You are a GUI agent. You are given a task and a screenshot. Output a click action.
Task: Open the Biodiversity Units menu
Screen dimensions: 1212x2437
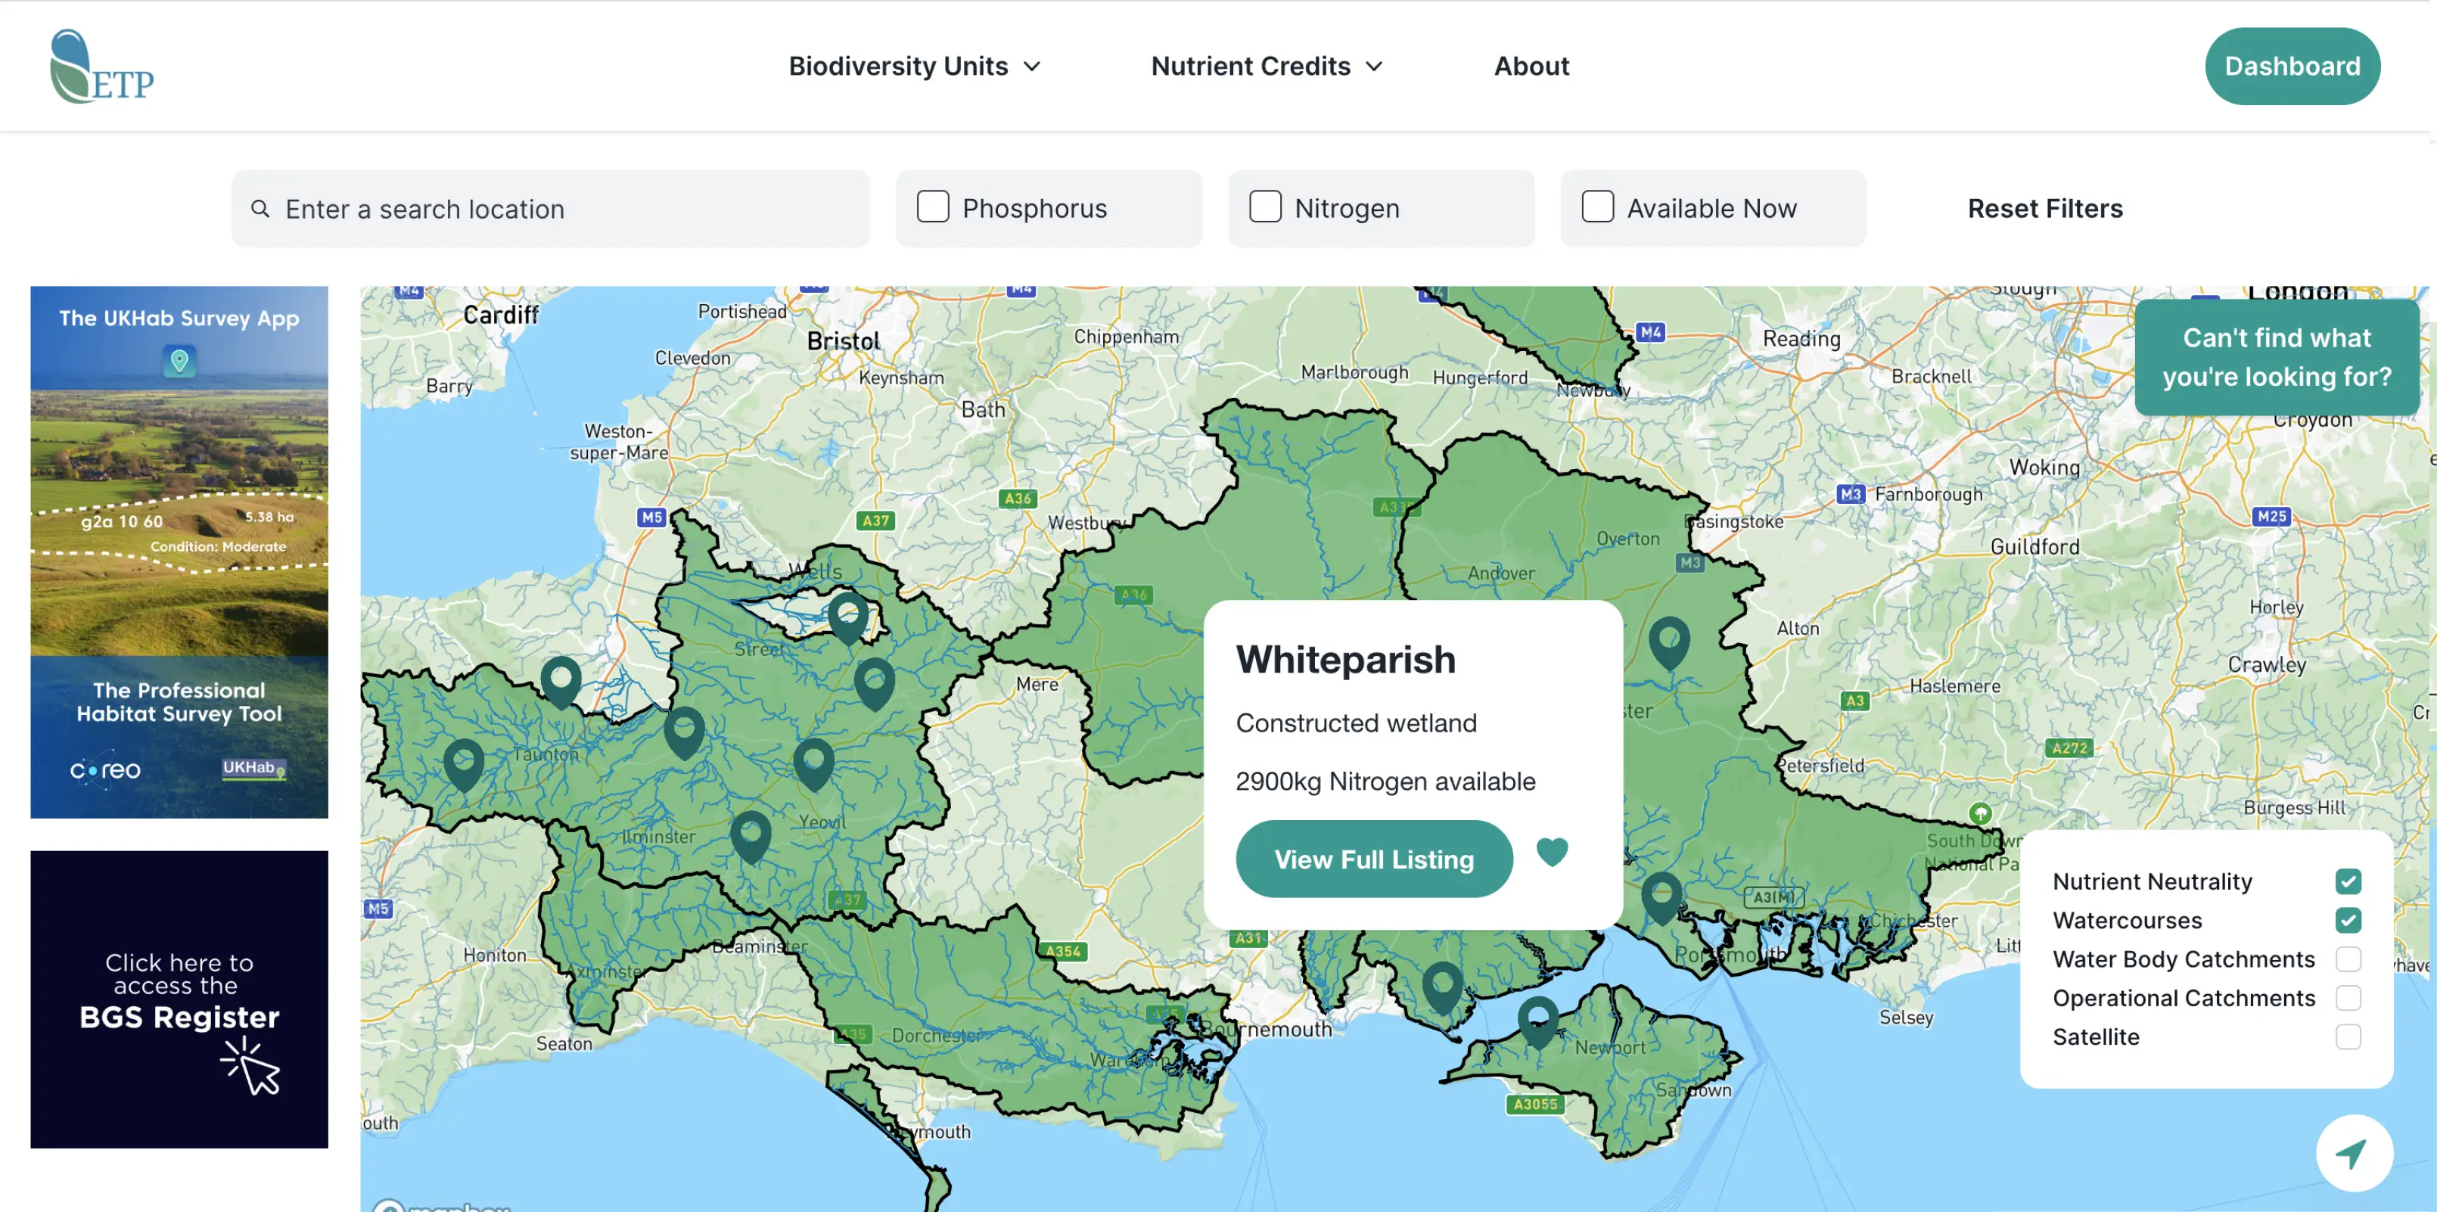(x=914, y=67)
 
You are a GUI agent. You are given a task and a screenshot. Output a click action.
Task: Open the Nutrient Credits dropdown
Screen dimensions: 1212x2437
(x=1266, y=67)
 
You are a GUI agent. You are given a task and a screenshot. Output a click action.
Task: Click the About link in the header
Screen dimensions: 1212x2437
(x=1531, y=67)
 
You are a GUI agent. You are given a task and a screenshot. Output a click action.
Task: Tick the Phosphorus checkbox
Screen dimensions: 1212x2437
(x=933, y=207)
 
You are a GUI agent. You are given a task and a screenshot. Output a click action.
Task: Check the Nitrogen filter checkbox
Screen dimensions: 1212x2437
(x=1265, y=207)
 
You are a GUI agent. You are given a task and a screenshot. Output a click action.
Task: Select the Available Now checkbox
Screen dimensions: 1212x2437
(x=1597, y=207)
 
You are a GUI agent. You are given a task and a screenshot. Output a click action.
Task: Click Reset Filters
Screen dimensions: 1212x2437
(x=2044, y=208)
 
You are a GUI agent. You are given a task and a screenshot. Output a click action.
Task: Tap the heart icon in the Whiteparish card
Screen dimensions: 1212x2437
(x=1552, y=853)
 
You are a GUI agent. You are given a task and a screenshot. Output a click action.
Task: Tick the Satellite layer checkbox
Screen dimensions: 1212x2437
(x=2347, y=1037)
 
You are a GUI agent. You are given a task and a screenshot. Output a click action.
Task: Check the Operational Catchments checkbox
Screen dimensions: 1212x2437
(x=2347, y=998)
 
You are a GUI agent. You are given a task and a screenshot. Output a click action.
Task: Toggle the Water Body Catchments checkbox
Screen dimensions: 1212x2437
(x=2347, y=959)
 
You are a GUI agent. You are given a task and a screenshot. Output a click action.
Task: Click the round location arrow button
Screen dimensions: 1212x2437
(x=2353, y=1153)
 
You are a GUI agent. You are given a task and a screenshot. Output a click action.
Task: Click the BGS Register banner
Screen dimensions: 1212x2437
(x=179, y=999)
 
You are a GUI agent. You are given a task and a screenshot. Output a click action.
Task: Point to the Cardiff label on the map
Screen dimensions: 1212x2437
(x=500, y=315)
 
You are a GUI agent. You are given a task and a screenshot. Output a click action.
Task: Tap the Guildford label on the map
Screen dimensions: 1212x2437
(x=2034, y=547)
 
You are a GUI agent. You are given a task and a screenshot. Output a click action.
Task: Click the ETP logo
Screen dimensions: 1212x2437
(x=101, y=67)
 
